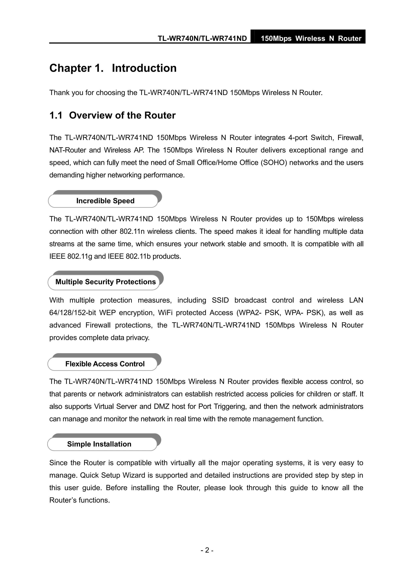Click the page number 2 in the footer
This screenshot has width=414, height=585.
click(x=207, y=550)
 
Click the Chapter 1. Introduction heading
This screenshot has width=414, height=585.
click(x=113, y=68)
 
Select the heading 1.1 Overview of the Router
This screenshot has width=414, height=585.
click(x=112, y=116)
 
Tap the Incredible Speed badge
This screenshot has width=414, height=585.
click(x=105, y=201)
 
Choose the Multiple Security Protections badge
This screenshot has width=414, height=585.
click(x=105, y=282)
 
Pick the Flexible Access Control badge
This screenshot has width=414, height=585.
click(x=105, y=364)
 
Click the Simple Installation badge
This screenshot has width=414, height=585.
click(x=99, y=444)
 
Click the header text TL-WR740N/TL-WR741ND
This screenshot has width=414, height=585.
click(x=202, y=39)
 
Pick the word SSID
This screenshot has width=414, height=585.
click(x=220, y=300)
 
